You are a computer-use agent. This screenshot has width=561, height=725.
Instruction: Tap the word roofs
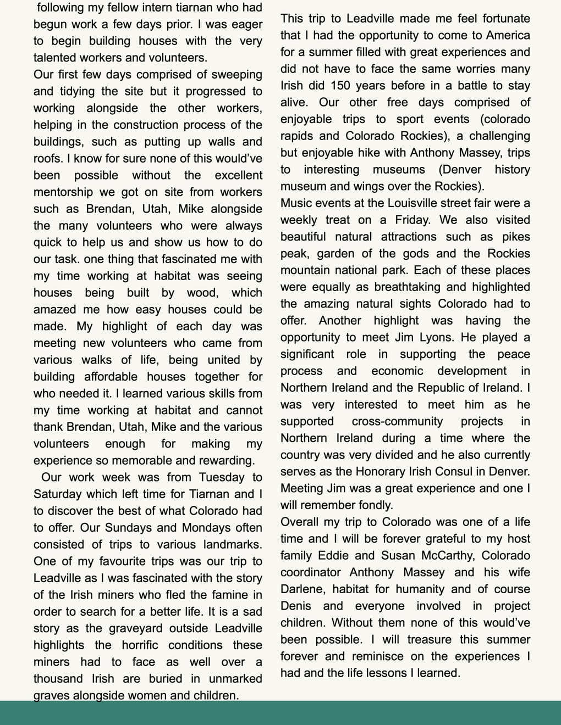point(48,159)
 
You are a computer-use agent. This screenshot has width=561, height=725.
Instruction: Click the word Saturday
point(57,494)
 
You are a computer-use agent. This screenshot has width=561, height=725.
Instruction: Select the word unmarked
point(235,679)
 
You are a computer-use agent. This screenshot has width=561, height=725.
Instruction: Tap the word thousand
point(58,679)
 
